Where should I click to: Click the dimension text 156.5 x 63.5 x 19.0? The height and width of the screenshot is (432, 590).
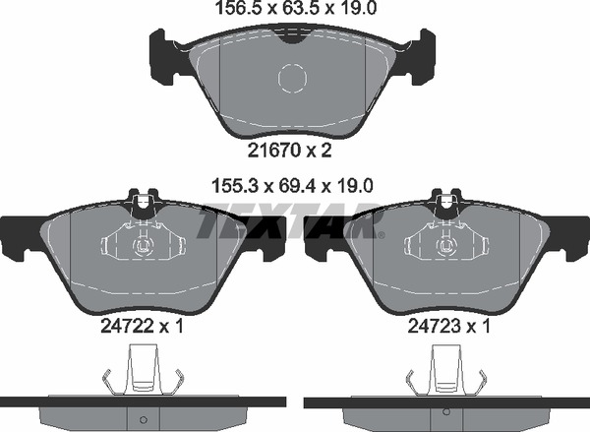pyautogui.click(x=295, y=8)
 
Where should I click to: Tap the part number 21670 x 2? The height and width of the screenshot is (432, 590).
pyautogui.click(x=290, y=151)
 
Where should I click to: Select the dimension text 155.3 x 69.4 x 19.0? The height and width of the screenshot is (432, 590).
pyautogui.click(x=293, y=186)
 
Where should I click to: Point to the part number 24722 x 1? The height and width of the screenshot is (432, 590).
pyautogui.click(x=142, y=326)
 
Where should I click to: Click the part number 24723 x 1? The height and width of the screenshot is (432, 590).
pyautogui.click(x=449, y=326)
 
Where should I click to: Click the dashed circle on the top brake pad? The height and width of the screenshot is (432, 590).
pyautogui.click(x=292, y=79)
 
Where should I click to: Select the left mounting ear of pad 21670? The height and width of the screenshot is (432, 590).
pyautogui.click(x=162, y=56)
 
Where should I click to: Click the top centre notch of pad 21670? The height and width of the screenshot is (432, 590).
pyautogui.click(x=292, y=38)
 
